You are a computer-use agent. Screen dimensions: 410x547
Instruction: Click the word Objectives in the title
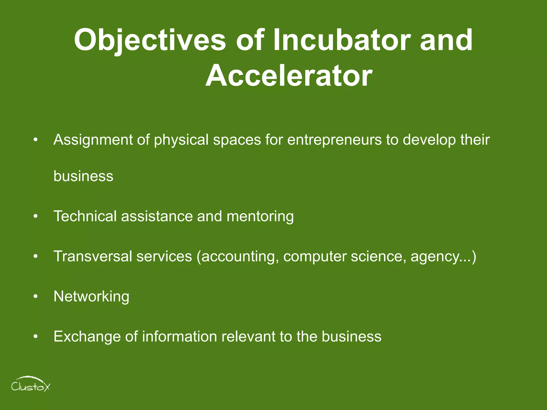tap(150, 41)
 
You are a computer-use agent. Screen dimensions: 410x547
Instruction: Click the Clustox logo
tap(30, 384)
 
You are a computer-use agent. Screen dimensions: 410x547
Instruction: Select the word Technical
tap(85, 216)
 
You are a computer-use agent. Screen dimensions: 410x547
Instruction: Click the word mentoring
tap(260, 216)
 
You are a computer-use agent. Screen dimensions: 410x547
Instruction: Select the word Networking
tap(91, 297)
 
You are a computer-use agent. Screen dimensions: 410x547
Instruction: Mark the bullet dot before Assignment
tap(36, 140)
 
